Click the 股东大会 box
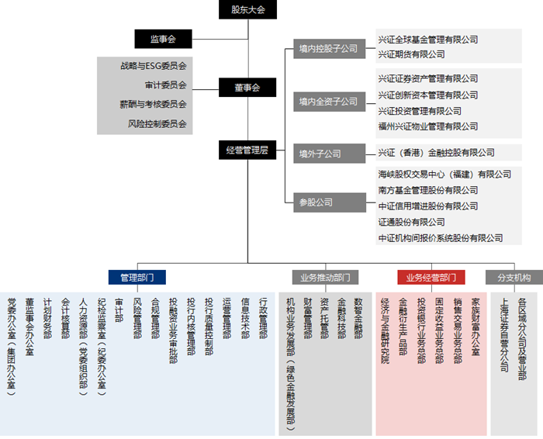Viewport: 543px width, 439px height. pyautogui.click(x=247, y=9)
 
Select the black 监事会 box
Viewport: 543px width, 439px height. pyautogui.click(x=163, y=39)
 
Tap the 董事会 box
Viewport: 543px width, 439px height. pyautogui.click(x=247, y=87)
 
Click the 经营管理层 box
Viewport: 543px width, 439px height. pyautogui.click(x=247, y=150)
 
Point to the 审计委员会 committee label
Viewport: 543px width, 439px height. pyautogui.click(x=166, y=85)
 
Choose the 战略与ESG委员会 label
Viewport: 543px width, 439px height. pyautogui.click(x=154, y=66)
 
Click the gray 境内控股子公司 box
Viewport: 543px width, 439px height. pyautogui.click(x=330, y=49)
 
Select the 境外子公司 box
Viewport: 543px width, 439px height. pyautogui.click(x=330, y=154)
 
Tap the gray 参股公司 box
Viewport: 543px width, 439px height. pyautogui.click(x=330, y=202)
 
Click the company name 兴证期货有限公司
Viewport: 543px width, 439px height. pyautogui.click(x=411, y=54)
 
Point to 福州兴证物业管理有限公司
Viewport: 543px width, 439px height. pyautogui.click(x=428, y=126)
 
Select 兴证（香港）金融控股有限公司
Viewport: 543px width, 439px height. pyautogui.click(x=436, y=153)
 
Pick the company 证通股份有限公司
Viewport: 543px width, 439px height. pyautogui.click(x=411, y=222)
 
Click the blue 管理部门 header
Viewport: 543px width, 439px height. pyautogui.click(x=137, y=278)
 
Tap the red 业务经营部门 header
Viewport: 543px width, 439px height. pyautogui.click(x=431, y=278)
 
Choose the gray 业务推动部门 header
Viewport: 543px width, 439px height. pyautogui.click(x=325, y=278)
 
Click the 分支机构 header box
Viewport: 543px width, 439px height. pyautogui.click(x=514, y=278)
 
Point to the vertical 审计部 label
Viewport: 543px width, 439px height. pyautogui.click(x=119, y=310)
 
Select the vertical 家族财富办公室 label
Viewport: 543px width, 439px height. pyautogui.click(x=476, y=327)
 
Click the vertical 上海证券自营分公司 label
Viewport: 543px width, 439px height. pyautogui.click(x=504, y=335)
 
